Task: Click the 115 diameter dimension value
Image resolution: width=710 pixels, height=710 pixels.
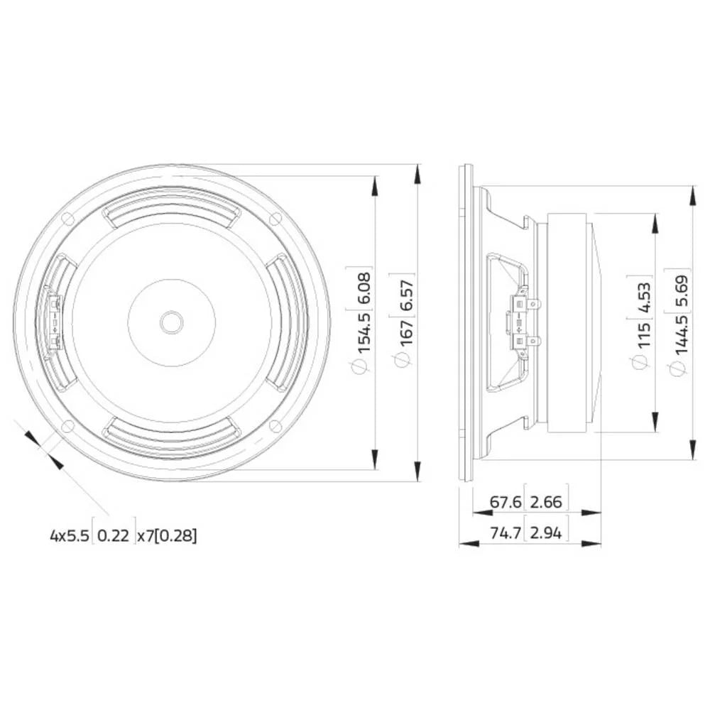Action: (x=643, y=334)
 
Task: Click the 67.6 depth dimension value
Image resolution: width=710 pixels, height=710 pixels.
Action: (x=506, y=502)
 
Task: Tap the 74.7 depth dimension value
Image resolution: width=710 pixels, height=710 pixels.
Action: (x=506, y=532)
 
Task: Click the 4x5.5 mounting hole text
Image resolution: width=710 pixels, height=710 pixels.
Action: (x=70, y=535)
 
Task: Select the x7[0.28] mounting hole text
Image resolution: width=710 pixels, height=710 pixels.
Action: (x=167, y=535)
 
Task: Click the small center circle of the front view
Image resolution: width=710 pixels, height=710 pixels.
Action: (x=171, y=322)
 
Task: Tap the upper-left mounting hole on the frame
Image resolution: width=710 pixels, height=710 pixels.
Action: (x=68, y=219)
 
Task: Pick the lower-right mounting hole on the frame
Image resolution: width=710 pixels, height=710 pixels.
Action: (x=275, y=426)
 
